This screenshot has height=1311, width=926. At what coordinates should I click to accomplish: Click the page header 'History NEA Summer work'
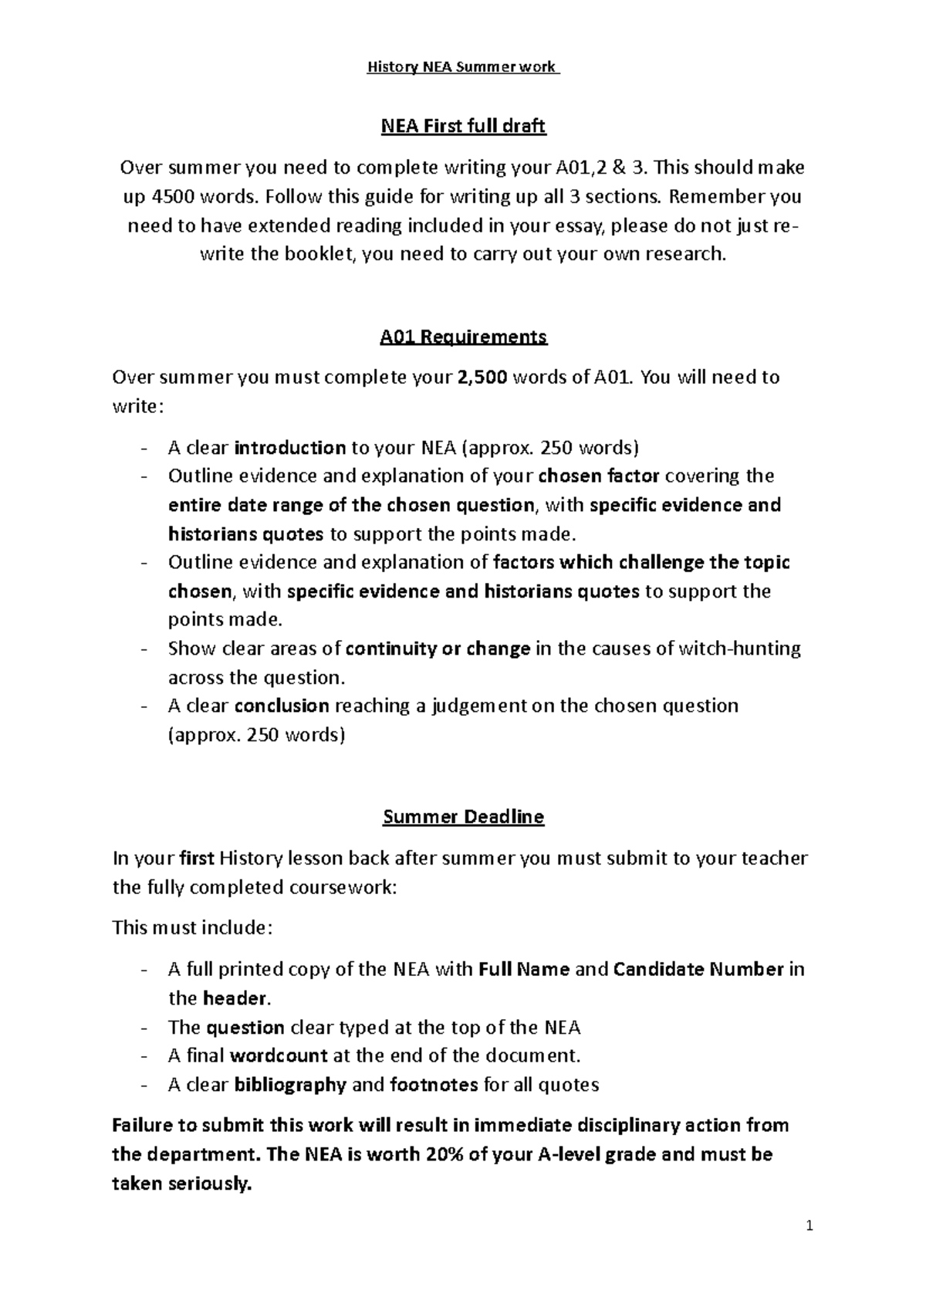click(x=462, y=67)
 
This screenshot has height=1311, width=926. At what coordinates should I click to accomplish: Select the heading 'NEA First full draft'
click(x=463, y=126)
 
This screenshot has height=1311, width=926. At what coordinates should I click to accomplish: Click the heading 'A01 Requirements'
click(x=463, y=337)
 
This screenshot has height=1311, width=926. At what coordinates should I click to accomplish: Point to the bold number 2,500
click(x=482, y=378)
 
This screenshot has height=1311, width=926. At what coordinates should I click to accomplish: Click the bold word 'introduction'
click(x=289, y=448)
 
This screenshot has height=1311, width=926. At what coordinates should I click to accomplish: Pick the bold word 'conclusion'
click(x=282, y=706)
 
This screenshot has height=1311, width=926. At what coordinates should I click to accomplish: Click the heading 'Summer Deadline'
click(x=463, y=817)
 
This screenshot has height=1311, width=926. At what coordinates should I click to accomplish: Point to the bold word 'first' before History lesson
click(x=196, y=858)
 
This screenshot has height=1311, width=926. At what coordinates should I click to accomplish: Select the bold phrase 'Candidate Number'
click(x=698, y=969)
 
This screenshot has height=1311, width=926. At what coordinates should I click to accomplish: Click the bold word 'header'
click(x=235, y=998)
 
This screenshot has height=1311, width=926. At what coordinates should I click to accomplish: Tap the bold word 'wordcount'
click(x=279, y=1055)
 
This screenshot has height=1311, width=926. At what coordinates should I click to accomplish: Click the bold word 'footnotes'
click(x=434, y=1085)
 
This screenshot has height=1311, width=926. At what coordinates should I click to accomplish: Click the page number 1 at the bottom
click(x=809, y=1226)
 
